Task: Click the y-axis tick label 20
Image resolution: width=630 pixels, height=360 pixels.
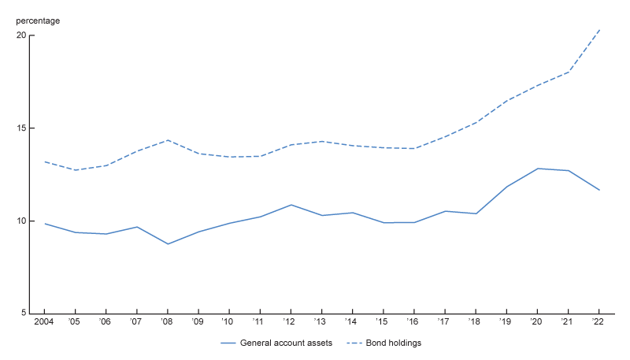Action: pos(21,35)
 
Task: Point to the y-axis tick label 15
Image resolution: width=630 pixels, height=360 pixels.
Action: pos(21,128)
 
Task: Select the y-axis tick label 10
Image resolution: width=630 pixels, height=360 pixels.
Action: pos(21,221)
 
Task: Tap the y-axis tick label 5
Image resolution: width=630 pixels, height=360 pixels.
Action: pos(24,313)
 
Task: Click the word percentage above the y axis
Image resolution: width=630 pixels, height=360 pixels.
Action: pos(38,20)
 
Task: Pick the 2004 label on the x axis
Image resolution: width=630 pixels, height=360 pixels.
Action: pos(44,321)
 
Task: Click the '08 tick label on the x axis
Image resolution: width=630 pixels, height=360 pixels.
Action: pos(168,321)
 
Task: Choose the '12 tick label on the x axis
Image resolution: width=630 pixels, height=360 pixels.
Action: pos(291,321)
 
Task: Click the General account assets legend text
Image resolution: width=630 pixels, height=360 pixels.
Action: pos(285,343)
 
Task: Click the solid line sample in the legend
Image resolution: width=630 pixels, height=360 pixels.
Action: pos(228,343)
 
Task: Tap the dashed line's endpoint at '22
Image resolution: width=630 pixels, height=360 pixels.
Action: pos(599,30)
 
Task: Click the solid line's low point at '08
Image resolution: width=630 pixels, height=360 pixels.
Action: pos(168,244)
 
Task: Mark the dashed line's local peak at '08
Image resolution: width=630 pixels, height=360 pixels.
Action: pos(168,140)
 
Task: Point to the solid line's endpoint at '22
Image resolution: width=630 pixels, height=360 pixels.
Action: pos(599,190)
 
